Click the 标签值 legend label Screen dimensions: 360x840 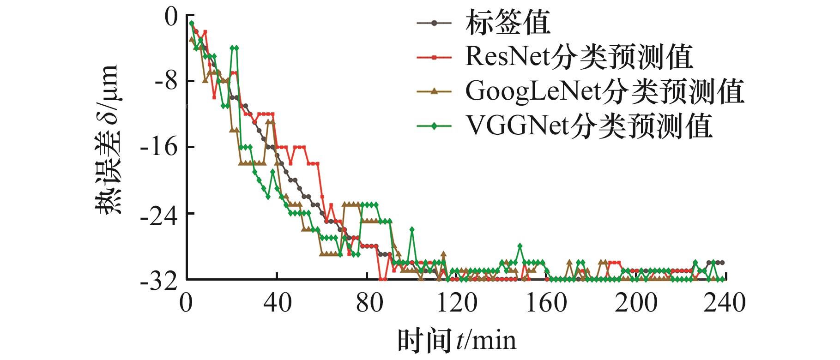(x=508, y=23)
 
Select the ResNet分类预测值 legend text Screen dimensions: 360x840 (x=579, y=57)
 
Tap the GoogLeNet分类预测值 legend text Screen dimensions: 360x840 (x=604, y=91)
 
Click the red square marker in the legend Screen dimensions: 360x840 (x=434, y=57)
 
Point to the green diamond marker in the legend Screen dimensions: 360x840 (x=434, y=126)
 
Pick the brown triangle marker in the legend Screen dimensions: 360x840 (x=434, y=91)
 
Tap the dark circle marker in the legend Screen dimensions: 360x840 (x=434, y=23)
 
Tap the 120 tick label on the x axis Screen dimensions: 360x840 (x=456, y=303)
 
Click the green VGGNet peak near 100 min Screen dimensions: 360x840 (x=412, y=229)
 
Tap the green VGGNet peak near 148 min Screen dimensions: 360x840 (x=520, y=246)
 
